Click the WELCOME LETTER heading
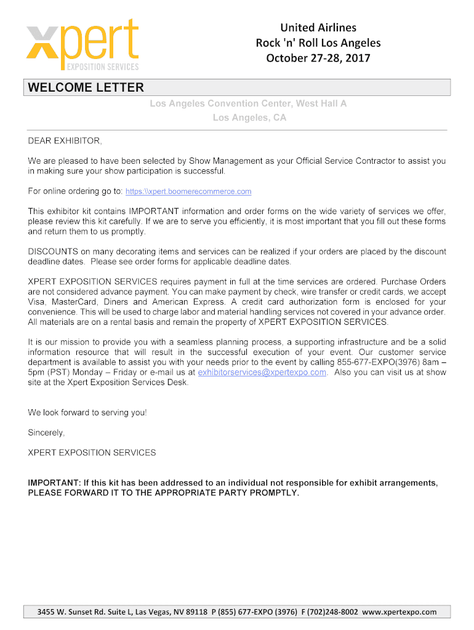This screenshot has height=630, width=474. tap(86, 88)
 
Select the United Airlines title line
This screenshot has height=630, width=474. tap(318, 27)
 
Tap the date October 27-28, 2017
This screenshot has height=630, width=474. tap(318, 58)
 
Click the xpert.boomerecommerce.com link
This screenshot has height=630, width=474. tap(188, 192)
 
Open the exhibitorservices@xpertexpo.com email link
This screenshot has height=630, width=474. tap(262, 372)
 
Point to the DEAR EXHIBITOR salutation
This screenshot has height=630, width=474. tap(65, 141)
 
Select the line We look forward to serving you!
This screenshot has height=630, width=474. tap(87, 412)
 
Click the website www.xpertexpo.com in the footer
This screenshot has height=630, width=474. tap(399, 612)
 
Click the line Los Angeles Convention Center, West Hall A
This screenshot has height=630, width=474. tap(249, 103)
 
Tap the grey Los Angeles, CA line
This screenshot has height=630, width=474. tap(249, 118)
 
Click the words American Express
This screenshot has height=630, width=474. tap(190, 302)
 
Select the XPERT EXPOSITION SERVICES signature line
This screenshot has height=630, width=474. tap(92, 453)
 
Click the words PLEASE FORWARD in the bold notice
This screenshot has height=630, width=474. tap(64, 493)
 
